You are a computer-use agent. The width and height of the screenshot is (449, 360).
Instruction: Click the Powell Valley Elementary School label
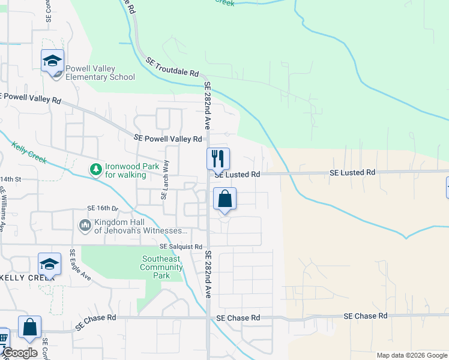pos(100,73)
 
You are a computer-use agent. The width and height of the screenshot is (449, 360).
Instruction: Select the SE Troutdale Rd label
pos(172,66)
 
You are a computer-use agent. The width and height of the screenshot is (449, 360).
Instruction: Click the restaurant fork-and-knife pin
pos(218,159)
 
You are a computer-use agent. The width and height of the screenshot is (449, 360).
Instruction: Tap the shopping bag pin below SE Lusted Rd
pos(224,199)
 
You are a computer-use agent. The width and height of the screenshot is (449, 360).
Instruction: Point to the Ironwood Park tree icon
pos(95,170)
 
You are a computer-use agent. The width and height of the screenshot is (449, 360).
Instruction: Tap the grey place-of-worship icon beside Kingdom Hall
pos(85,226)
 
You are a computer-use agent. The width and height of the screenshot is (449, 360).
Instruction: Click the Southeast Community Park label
pos(161,268)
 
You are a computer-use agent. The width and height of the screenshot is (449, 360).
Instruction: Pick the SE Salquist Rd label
pos(181,247)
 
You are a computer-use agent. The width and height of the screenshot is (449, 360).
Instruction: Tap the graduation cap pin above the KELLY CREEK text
pos(50,264)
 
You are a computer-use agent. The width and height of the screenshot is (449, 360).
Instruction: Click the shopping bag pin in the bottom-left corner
pos(29,328)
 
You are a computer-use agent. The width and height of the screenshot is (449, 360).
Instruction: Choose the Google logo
pos(19,353)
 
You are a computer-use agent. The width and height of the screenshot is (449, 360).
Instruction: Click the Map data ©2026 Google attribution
pos(411,355)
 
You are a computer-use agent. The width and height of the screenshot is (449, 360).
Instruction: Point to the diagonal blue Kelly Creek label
pos(29,153)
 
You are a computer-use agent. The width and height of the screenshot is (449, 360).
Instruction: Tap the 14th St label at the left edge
pos(11,179)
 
